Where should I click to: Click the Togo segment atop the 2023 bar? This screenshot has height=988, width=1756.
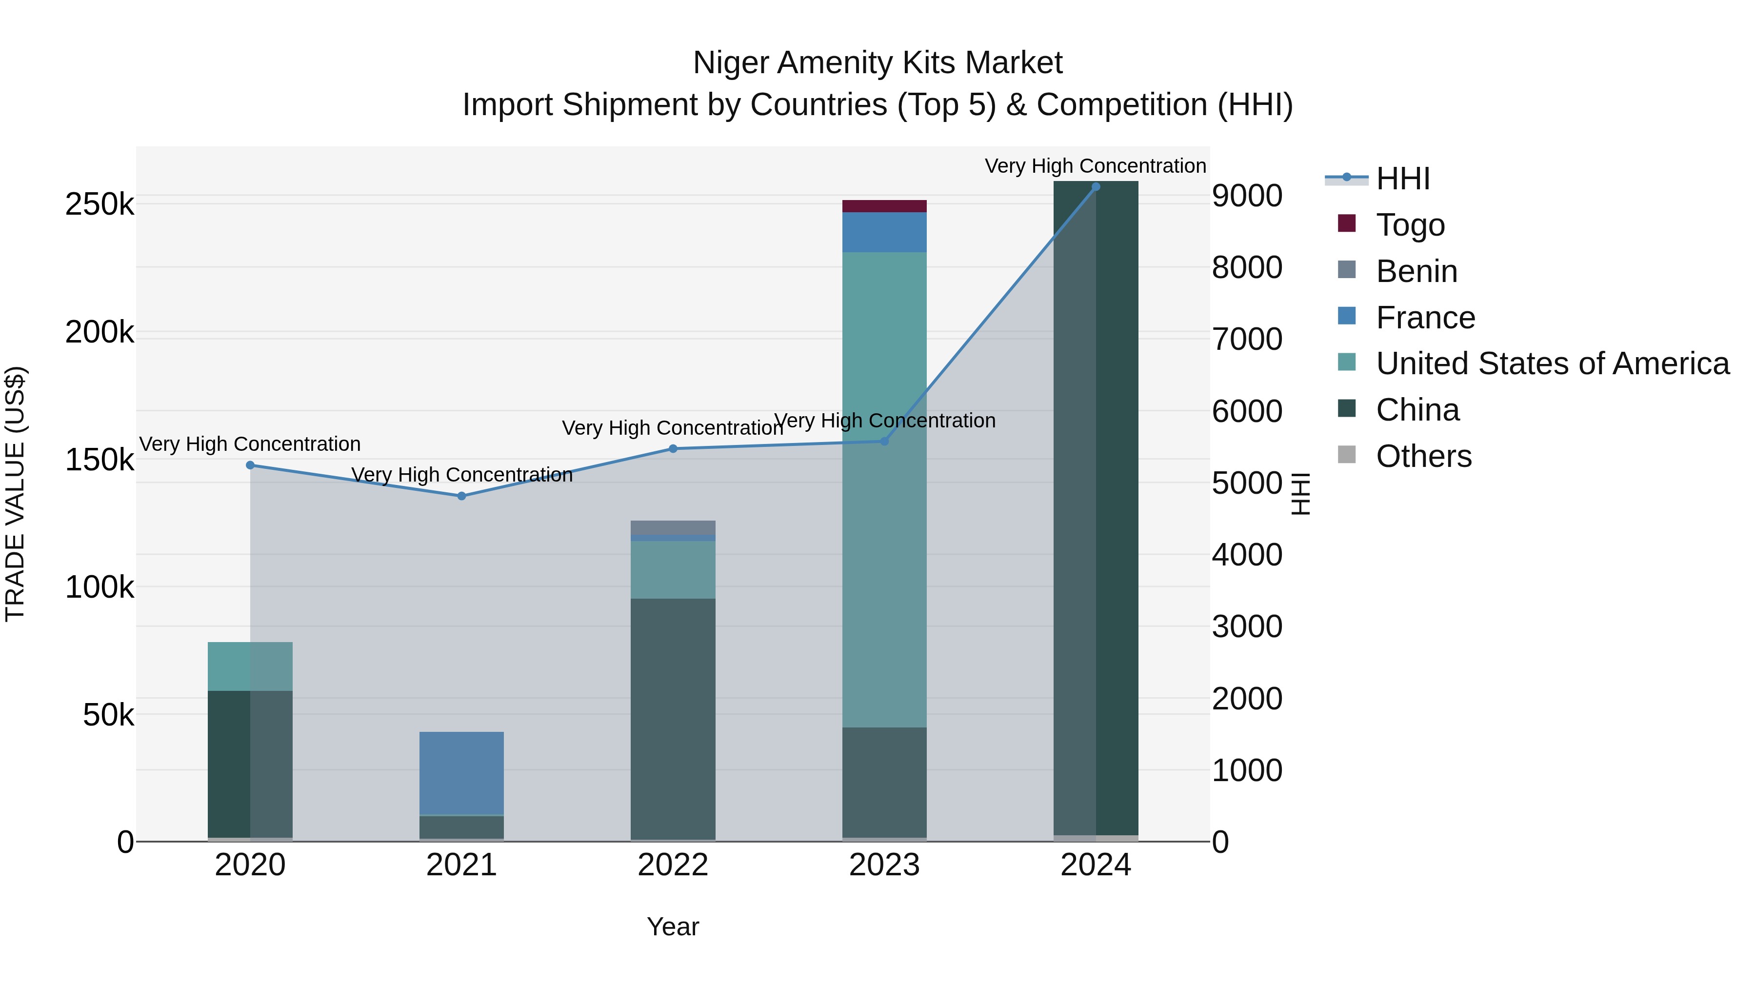(884, 206)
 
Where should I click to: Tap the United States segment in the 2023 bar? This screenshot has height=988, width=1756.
(884, 489)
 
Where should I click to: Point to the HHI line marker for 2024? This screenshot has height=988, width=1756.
(1096, 187)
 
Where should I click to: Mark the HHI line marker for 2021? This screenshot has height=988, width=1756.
(461, 496)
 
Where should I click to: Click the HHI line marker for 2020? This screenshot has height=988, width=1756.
(250, 465)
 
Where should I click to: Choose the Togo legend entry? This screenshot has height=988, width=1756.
(1409, 225)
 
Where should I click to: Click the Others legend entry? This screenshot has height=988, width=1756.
(1423, 456)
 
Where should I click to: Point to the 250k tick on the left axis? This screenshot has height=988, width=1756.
(100, 204)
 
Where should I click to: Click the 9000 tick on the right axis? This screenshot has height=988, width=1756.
(1247, 196)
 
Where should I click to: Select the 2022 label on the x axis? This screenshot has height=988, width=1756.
(673, 865)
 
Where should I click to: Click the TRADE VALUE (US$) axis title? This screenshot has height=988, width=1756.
(15, 494)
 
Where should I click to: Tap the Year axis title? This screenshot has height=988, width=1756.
(673, 927)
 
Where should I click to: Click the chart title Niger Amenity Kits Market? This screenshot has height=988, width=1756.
(878, 63)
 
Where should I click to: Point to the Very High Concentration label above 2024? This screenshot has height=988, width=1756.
(1096, 166)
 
